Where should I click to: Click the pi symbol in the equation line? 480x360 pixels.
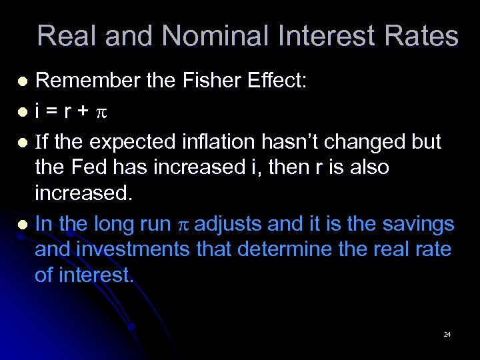coord(102,113)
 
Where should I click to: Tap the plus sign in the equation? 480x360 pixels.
coord(83,112)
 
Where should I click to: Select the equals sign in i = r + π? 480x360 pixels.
coord(53,112)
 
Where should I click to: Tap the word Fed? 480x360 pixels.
coord(89,167)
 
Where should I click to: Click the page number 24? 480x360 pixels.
coord(447,333)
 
